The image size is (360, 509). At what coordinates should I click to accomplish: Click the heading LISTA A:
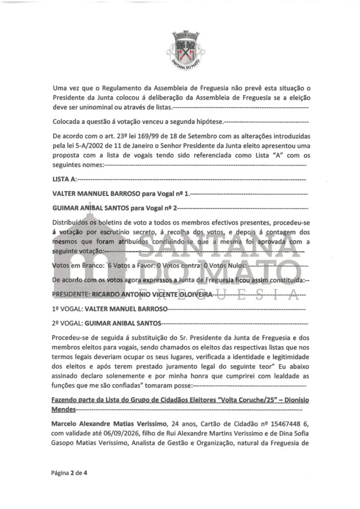click(x=64, y=178)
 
